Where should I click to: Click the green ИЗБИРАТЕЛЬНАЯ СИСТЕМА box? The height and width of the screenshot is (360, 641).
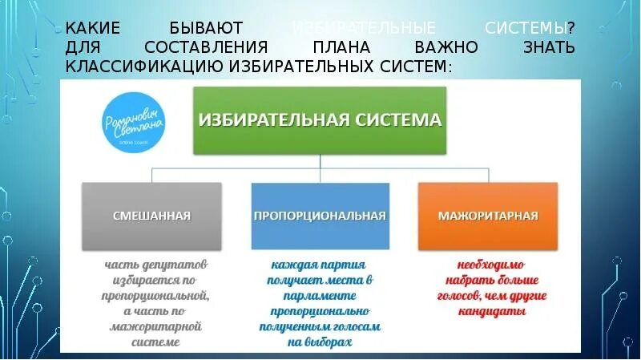coord(320,120)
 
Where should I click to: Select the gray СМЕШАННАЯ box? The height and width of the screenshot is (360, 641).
coord(151,216)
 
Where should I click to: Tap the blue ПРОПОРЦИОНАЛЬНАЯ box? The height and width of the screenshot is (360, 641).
coord(320,216)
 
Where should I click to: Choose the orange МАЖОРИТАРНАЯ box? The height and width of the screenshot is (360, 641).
coord(487,216)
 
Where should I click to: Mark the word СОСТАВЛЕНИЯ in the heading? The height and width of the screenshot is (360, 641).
coord(216,47)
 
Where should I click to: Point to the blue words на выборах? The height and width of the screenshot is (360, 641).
coord(320,342)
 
